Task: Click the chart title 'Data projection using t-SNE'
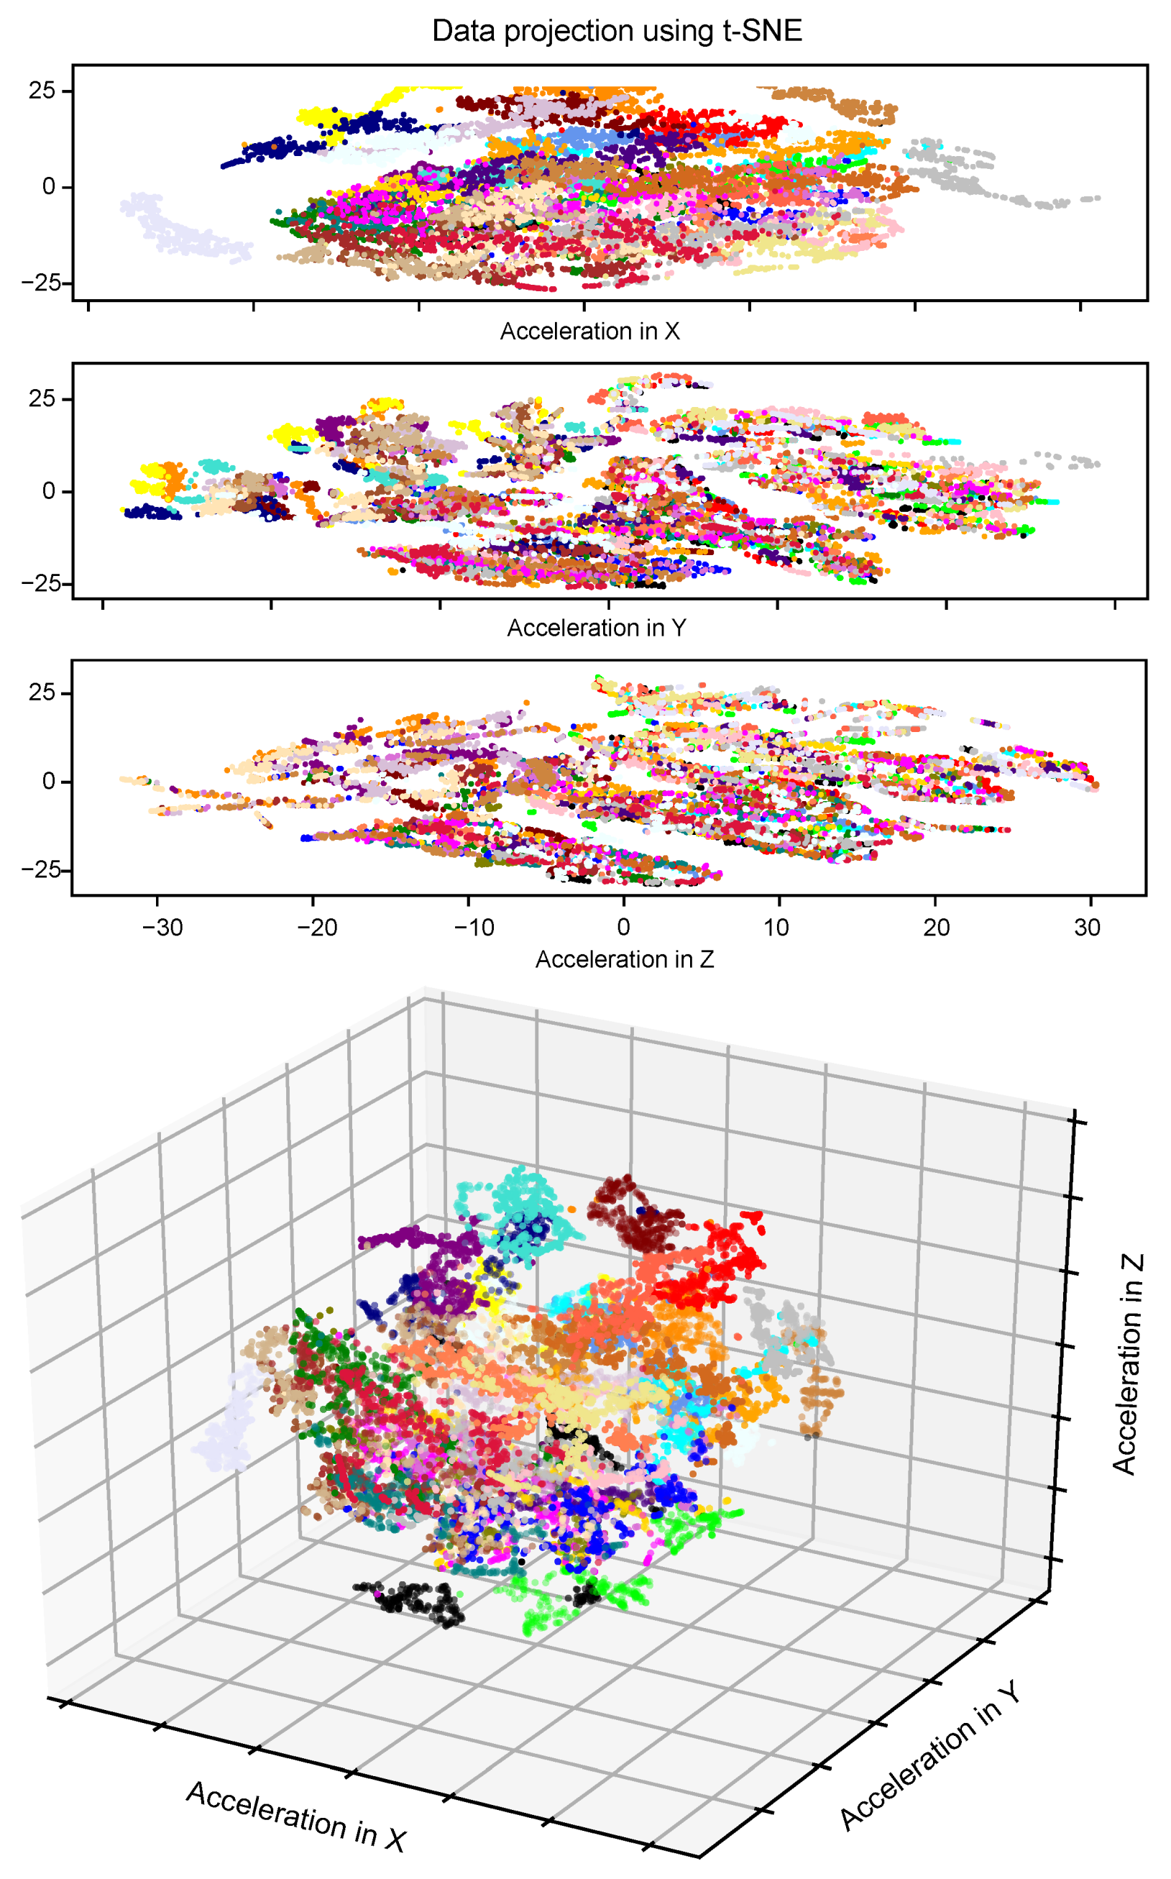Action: click(617, 31)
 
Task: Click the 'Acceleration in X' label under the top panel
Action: click(589, 332)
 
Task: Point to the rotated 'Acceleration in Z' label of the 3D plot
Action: click(1128, 1364)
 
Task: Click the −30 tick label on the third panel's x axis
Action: click(162, 927)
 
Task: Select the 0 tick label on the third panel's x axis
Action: click(623, 927)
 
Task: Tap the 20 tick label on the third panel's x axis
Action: click(935, 927)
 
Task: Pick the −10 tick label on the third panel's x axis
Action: click(473, 927)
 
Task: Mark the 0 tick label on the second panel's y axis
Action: click(49, 491)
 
